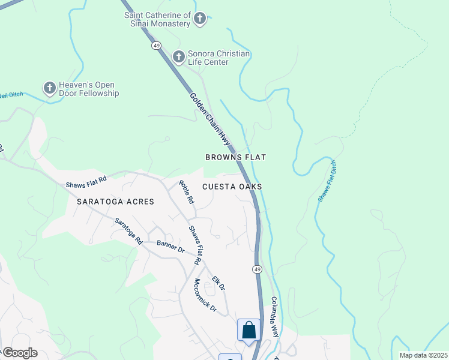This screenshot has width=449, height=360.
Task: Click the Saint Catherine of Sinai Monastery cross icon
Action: click(200, 19)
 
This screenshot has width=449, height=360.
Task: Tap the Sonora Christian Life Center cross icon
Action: click(178, 57)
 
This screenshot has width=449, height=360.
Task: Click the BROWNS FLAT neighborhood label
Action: click(235, 157)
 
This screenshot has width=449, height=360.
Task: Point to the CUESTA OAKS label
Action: click(232, 187)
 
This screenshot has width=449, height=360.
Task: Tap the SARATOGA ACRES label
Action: click(115, 202)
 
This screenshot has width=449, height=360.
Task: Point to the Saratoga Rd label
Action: click(128, 230)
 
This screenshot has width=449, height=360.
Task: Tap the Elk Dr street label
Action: click(218, 283)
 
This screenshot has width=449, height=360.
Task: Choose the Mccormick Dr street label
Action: click(205, 293)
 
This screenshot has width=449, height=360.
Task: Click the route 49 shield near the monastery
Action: click(156, 45)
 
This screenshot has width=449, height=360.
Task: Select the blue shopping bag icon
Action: click(249, 330)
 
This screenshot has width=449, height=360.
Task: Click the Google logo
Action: click(19, 353)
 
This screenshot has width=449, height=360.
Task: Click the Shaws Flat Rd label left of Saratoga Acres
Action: click(86, 182)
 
